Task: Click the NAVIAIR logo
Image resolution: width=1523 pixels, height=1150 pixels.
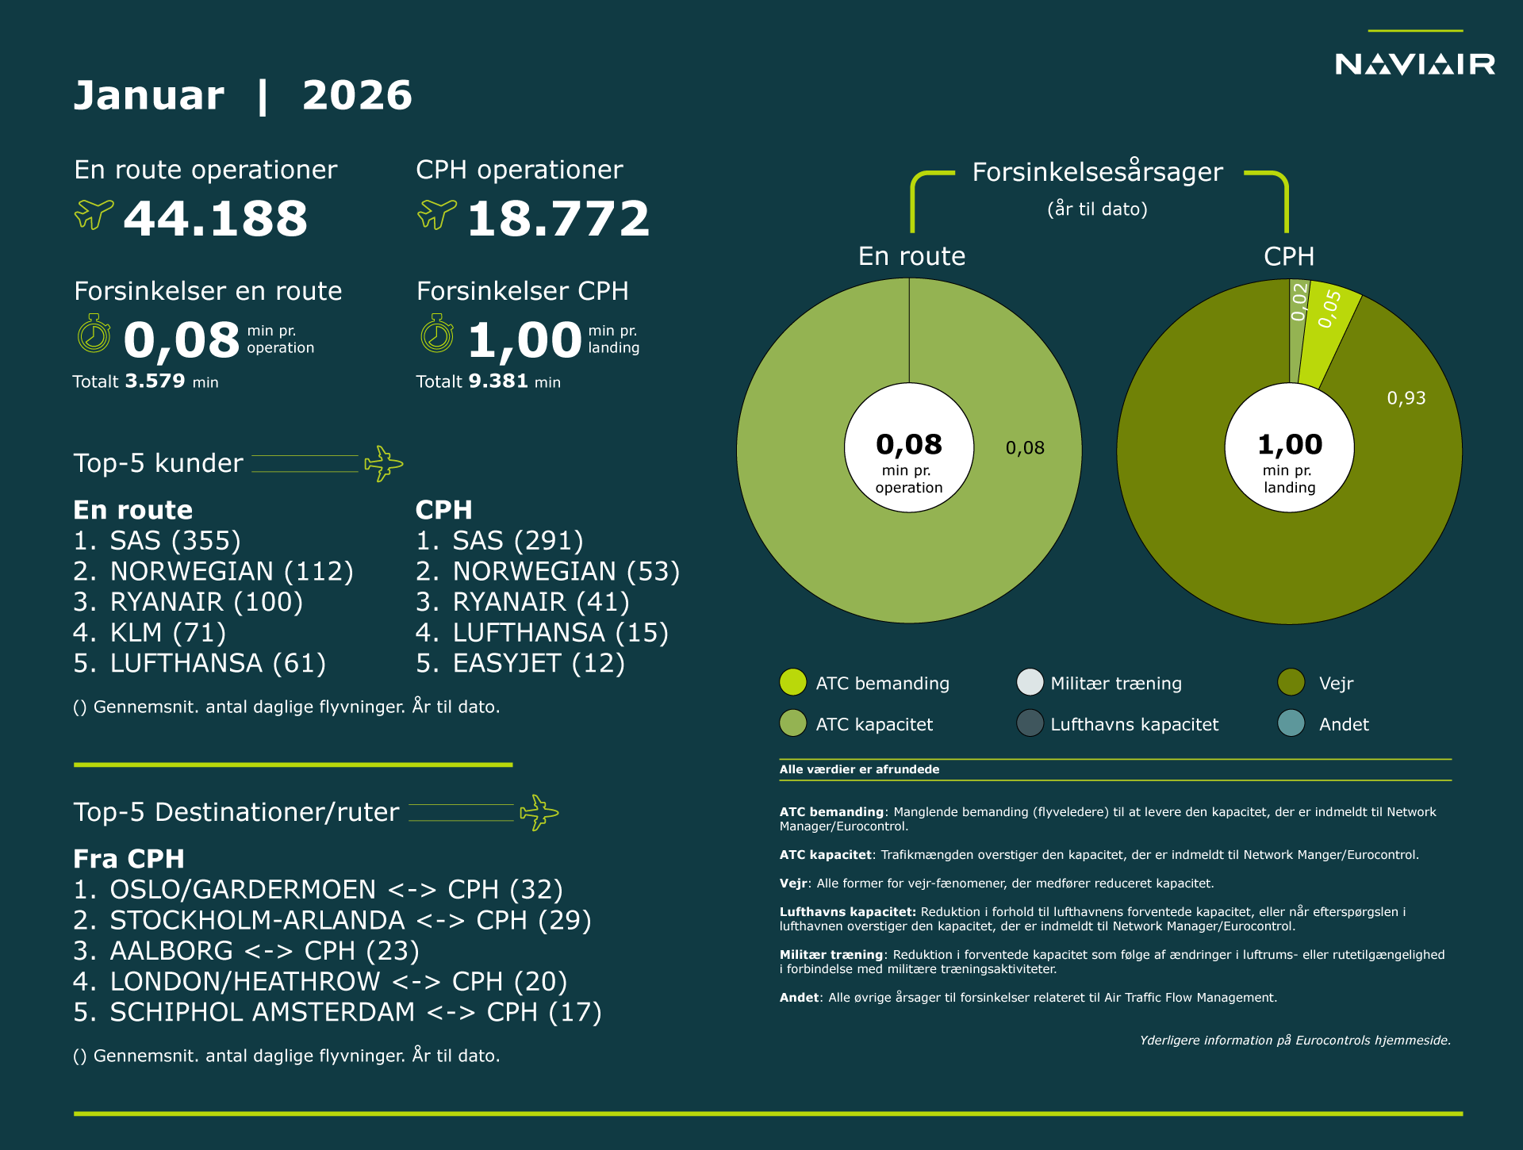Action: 1414,63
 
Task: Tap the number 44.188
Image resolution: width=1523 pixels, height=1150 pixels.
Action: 215,219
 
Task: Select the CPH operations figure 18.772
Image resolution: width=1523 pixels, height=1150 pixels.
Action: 558,219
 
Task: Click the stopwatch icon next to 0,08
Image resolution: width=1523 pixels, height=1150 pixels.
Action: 94,334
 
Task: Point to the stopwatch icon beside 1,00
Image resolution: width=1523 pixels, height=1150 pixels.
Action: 437,334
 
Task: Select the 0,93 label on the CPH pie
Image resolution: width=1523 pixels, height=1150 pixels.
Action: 1406,398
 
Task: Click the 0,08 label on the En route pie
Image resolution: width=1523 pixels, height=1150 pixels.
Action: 1025,448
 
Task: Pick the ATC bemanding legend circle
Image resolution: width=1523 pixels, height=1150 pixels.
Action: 792,682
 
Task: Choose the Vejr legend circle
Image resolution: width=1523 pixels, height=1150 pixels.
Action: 1291,682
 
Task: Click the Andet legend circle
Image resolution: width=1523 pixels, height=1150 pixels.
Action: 1291,723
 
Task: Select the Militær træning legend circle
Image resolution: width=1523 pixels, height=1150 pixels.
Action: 1030,682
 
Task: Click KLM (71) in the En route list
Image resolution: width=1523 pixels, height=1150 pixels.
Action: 167,633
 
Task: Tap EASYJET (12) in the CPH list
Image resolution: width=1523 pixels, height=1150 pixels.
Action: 538,663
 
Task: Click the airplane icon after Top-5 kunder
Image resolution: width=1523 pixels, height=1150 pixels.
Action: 383,463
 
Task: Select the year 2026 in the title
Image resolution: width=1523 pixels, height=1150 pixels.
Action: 357,96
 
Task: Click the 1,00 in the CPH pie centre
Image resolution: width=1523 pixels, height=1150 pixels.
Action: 1290,444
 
